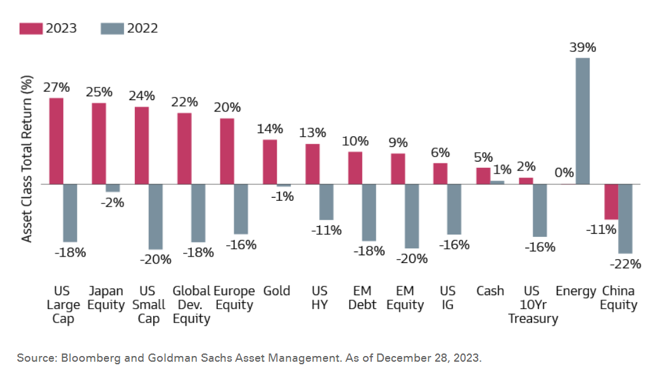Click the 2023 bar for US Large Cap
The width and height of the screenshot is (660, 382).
pyautogui.click(x=56, y=141)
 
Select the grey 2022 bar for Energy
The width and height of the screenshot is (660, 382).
pyautogui.click(x=583, y=120)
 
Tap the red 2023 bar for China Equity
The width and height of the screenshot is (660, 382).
pyautogui.click(x=611, y=201)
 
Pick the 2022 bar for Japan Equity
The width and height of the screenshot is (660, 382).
pyautogui.click(x=113, y=188)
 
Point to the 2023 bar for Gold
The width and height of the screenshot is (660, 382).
pyautogui.click(x=270, y=162)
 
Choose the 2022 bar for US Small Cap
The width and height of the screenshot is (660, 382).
pyautogui.click(x=156, y=216)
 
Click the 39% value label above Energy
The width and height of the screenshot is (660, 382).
pyautogui.click(x=582, y=48)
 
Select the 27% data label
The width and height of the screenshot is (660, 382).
pyautogui.click(x=56, y=87)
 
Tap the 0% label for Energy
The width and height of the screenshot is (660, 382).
pyautogui.click(x=564, y=172)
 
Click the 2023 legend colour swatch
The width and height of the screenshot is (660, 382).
pyautogui.click(x=30, y=29)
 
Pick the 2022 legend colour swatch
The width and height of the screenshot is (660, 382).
pyautogui.click(x=111, y=29)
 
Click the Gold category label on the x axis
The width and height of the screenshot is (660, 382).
pyautogui.click(x=276, y=291)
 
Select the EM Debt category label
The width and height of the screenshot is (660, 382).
pyautogui.click(x=362, y=298)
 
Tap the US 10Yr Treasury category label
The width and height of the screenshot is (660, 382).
pyautogui.click(x=532, y=305)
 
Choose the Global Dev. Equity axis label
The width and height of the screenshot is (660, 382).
pyautogui.click(x=191, y=305)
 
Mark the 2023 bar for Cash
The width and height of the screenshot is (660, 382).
pyautogui.click(x=483, y=175)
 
